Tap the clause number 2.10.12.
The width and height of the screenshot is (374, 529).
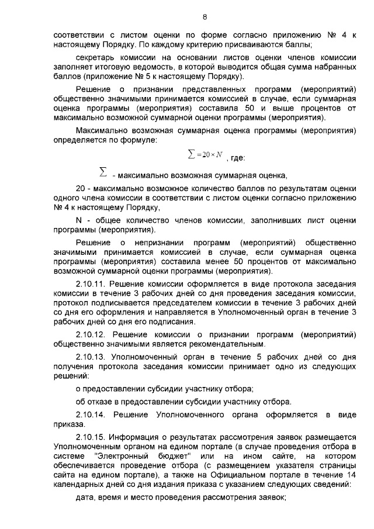click(x=93, y=334)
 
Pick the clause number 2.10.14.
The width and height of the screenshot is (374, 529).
click(x=93, y=414)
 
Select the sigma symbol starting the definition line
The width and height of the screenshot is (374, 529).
click(x=103, y=173)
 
